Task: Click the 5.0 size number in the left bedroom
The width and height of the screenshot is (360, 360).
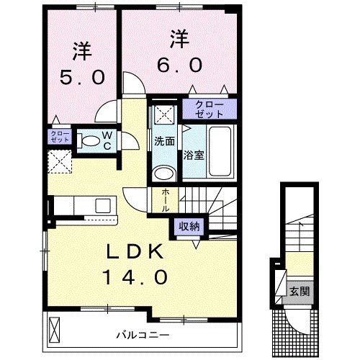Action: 81,76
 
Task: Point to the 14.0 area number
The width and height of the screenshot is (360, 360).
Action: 137,276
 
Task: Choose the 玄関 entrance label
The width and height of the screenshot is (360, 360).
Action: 300,292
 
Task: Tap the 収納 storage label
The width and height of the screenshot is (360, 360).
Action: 191,225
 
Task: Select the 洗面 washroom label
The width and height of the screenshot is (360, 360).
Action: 164,141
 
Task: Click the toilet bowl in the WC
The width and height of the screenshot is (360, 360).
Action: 88,142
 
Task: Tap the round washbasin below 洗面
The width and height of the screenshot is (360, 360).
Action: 164,174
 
